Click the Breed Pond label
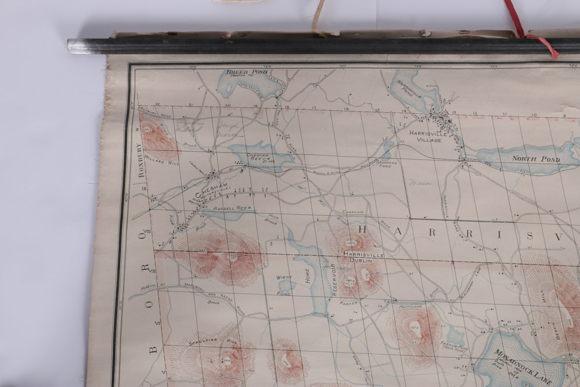241,72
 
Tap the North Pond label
535,158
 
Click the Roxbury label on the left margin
139,160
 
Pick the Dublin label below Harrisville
361,261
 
